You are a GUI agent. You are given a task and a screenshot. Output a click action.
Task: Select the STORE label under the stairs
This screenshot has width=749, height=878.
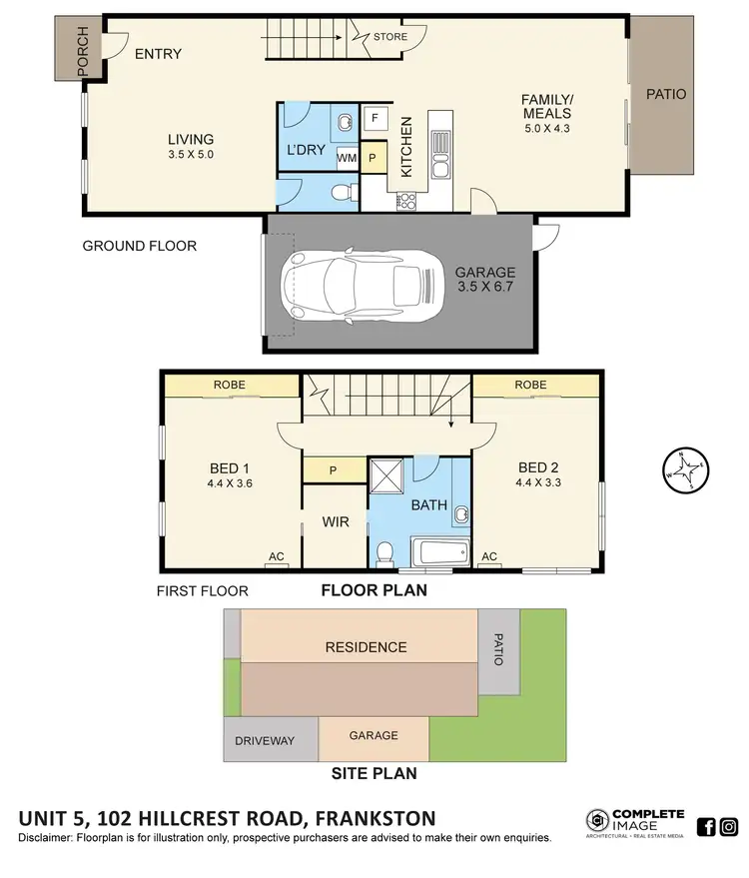(x=389, y=38)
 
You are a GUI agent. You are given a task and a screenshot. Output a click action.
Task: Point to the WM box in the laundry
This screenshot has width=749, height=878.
(x=347, y=158)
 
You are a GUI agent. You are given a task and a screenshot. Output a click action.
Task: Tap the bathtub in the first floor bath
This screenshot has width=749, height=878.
(x=438, y=552)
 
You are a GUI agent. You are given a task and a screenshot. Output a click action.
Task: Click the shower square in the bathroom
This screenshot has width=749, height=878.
(x=386, y=474)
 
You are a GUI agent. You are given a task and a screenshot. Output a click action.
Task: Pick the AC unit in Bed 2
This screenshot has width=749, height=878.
(x=489, y=557)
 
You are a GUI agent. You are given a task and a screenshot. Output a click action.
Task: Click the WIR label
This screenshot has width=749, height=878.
(x=334, y=521)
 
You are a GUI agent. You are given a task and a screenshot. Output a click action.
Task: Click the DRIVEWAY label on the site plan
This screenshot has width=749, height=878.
(x=265, y=740)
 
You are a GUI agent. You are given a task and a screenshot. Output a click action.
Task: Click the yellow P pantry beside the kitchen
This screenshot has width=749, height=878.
(x=373, y=158)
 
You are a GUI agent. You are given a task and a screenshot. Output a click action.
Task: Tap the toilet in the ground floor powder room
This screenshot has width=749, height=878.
(x=342, y=190)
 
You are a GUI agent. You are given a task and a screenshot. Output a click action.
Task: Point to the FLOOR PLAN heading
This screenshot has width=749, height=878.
(x=374, y=590)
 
